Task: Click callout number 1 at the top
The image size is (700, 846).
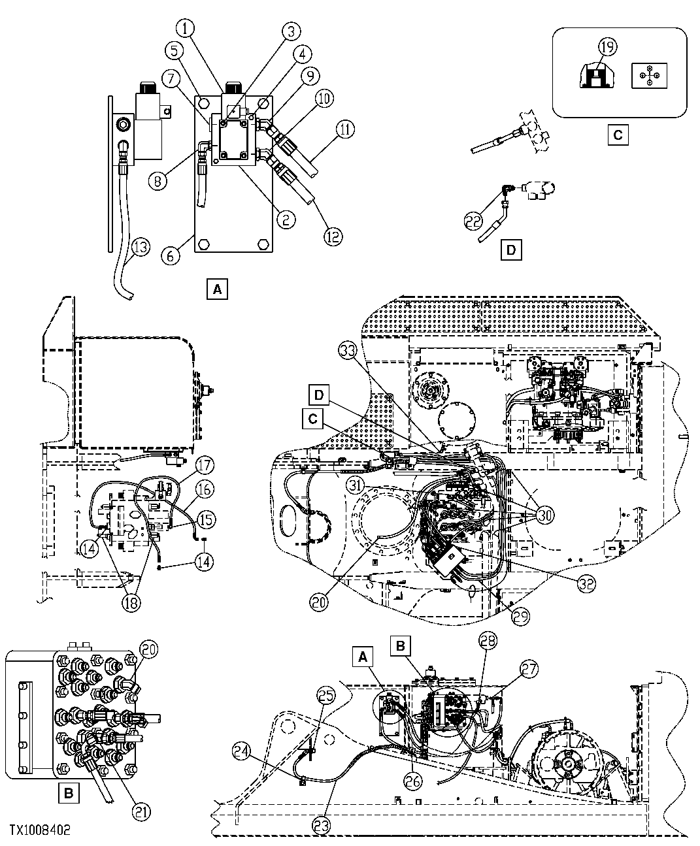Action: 187,29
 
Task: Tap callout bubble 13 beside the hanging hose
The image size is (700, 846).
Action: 140,248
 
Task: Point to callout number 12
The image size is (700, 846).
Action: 333,236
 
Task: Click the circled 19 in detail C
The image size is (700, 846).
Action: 607,46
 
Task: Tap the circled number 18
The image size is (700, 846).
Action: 131,602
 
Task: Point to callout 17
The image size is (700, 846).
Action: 205,466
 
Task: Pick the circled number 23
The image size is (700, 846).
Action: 321,825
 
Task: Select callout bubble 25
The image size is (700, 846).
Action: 326,696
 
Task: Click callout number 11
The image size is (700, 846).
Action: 346,130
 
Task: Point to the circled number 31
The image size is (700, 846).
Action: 355,485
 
